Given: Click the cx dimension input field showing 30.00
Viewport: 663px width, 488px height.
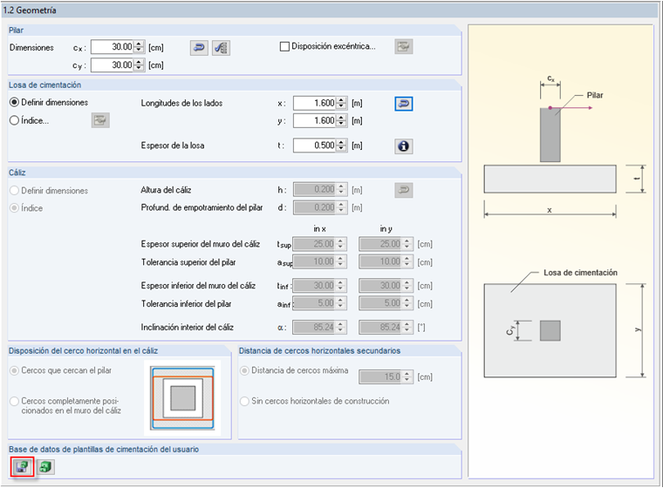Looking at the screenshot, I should (x=111, y=47).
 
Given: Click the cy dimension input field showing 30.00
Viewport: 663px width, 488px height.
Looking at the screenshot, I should (x=111, y=64).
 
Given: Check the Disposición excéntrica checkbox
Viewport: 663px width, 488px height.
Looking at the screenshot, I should (x=284, y=46).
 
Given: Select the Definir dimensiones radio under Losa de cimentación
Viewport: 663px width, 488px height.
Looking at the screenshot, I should (x=15, y=103).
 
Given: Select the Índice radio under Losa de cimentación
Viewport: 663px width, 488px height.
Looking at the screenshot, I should (x=15, y=120).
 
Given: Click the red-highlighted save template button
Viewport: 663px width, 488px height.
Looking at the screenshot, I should (x=22, y=466).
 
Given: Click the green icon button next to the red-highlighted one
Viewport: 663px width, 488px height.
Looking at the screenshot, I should (x=44, y=466).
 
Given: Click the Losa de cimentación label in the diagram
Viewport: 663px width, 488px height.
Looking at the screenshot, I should (x=580, y=273).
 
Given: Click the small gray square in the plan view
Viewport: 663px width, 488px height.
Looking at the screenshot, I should (x=550, y=330).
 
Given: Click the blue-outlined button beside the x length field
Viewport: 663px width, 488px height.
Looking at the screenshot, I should (x=403, y=103).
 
